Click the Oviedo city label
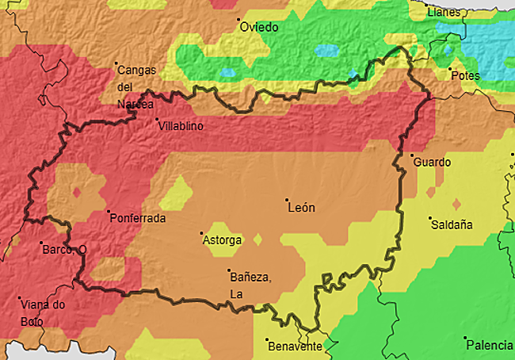pos(259,27)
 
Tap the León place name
pos(301,208)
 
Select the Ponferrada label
pos(138,218)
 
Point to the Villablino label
pos(181,126)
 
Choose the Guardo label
pos(432,163)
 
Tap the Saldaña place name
pos(452,224)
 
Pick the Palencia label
pos(490,345)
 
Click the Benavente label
pos(295,347)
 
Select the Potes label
pos(465,75)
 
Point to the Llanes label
pos(443,13)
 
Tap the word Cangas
pos(136,70)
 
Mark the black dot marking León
pos(286,199)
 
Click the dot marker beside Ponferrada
pos(109,211)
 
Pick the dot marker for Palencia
pos(465,338)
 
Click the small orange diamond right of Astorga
pos(257,239)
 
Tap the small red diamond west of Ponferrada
pos(77,192)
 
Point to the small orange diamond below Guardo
pos(431,191)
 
